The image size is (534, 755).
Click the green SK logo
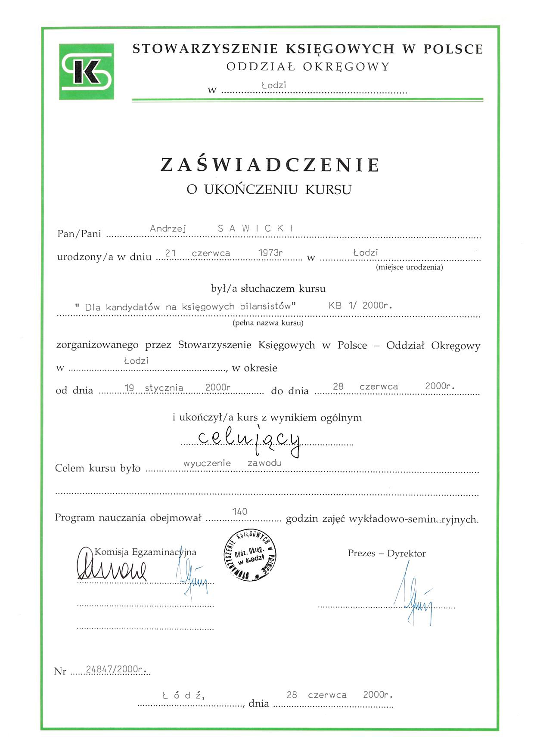pyautogui.click(x=87, y=71)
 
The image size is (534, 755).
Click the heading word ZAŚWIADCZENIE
pyautogui.click(x=270, y=165)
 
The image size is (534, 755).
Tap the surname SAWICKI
pyautogui.click(x=255, y=229)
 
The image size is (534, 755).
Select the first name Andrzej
pyautogui.click(x=168, y=229)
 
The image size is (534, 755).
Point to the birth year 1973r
pyautogui.click(x=270, y=253)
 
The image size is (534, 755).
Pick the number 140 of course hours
pyautogui.click(x=239, y=511)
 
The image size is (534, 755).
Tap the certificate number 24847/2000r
pyautogui.click(x=115, y=669)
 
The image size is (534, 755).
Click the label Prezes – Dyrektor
pyautogui.click(x=386, y=554)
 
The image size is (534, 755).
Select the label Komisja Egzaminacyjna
pyautogui.click(x=145, y=552)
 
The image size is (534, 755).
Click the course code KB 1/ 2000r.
pyautogui.click(x=360, y=306)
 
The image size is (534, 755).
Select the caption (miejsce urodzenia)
pyautogui.click(x=409, y=267)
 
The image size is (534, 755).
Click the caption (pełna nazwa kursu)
pyautogui.click(x=268, y=323)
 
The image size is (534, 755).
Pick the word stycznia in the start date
pyautogui.click(x=164, y=388)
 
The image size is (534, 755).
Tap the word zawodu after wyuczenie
pyautogui.click(x=264, y=463)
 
